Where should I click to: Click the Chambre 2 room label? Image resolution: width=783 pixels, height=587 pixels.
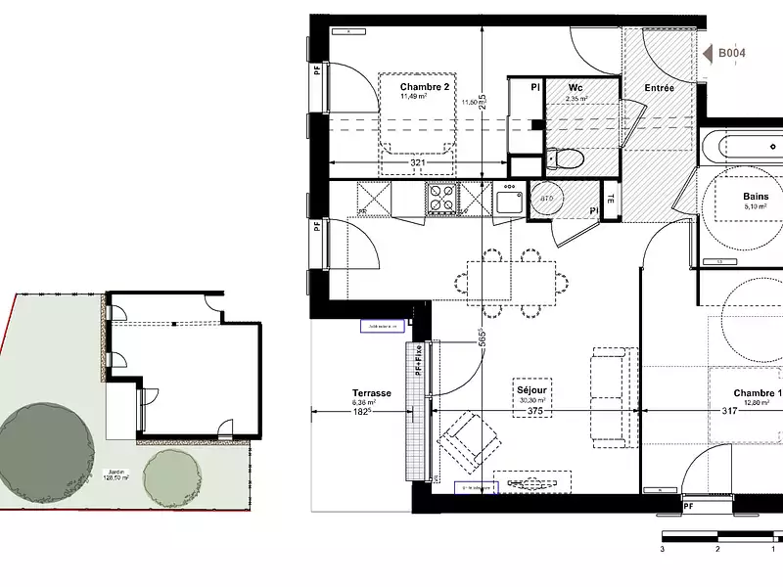tap(425, 87)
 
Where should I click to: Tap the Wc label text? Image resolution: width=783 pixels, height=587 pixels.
tap(576, 87)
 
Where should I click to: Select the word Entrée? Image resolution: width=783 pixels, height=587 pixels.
tap(659, 88)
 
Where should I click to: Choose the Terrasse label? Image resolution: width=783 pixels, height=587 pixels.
tap(372, 393)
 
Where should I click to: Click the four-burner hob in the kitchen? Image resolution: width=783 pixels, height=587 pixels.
tap(441, 199)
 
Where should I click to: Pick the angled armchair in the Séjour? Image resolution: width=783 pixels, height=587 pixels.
tap(469, 438)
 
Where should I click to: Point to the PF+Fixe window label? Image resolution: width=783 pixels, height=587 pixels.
tap(418, 360)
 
